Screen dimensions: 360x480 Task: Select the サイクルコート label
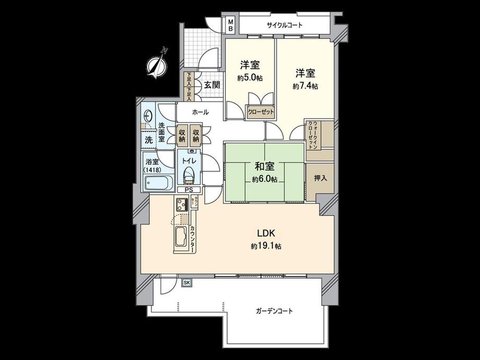pyautogui.click(x=284, y=25)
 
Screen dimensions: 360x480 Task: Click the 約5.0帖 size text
pyautogui.click(x=249, y=78)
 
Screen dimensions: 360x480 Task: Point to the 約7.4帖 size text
pyautogui.click(x=305, y=86)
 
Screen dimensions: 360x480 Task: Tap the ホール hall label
pyautogui.click(x=200, y=112)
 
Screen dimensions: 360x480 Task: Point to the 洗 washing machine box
pyautogui.click(x=148, y=140)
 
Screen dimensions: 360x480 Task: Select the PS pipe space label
pyautogui.click(x=188, y=190)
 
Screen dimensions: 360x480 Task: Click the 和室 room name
pyautogui.click(x=263, y=167)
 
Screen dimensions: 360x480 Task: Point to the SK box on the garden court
pyautogui.click(x=186, y=282)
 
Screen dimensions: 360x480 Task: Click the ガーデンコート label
pyautogui.click(x=274, y=311)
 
